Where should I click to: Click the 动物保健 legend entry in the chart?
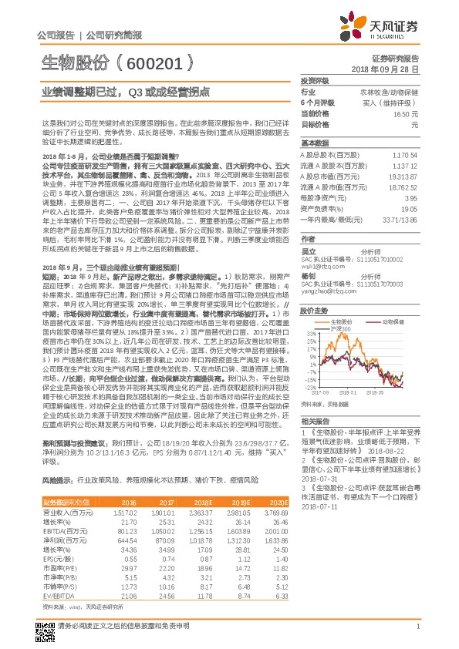pos(394,321)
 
